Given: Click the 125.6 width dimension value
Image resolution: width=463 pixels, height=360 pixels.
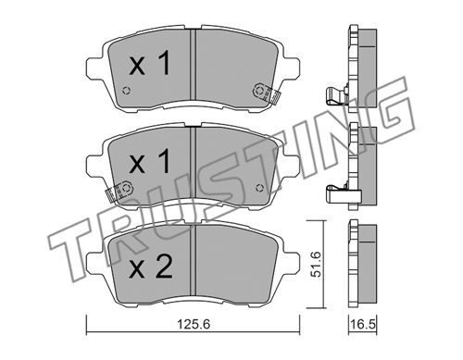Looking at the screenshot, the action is pos(193,325).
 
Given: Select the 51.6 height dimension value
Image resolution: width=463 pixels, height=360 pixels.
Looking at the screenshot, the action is pos(317,264).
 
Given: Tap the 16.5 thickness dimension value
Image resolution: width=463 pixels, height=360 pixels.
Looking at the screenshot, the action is pos(363,325).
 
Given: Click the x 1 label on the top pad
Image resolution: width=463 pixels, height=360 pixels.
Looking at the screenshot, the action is pos(150,64).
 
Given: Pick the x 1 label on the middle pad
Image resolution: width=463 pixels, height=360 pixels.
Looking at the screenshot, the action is pos(150,161).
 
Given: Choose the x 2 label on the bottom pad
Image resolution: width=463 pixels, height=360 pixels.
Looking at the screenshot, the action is pos(151,267).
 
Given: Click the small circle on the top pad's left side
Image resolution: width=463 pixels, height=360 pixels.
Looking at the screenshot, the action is pos(126,91).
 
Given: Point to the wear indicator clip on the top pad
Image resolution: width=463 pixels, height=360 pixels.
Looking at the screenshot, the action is pos(265,93).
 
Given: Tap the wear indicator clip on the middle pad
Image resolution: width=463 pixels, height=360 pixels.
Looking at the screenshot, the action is pos(119,191).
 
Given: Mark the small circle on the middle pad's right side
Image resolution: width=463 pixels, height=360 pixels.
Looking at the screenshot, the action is pos(259,187).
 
